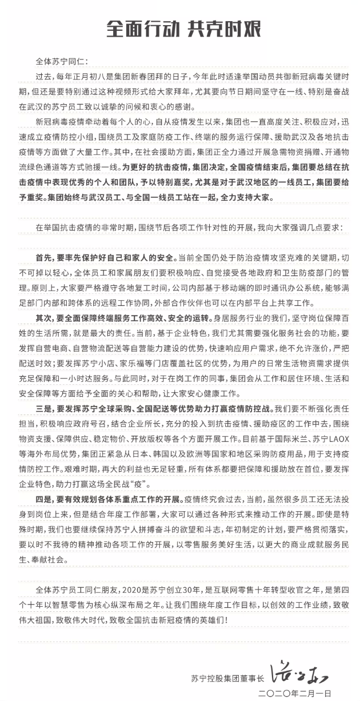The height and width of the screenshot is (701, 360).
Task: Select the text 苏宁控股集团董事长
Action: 228,679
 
